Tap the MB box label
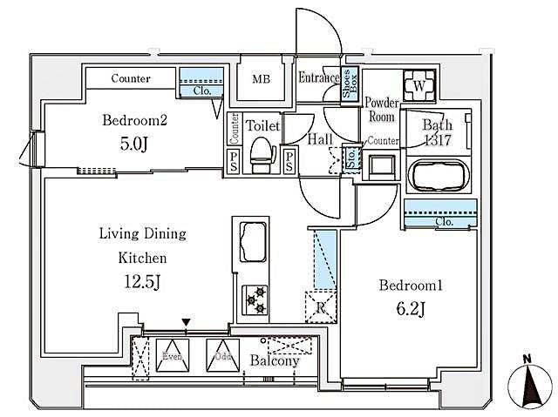(x=262, y=79)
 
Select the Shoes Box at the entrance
(x=348, y=85)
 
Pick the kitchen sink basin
(x=255, y=239)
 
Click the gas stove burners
(x=255, y=300)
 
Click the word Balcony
(x=275, y=360)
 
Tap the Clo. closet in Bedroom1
(x=442, y=221)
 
